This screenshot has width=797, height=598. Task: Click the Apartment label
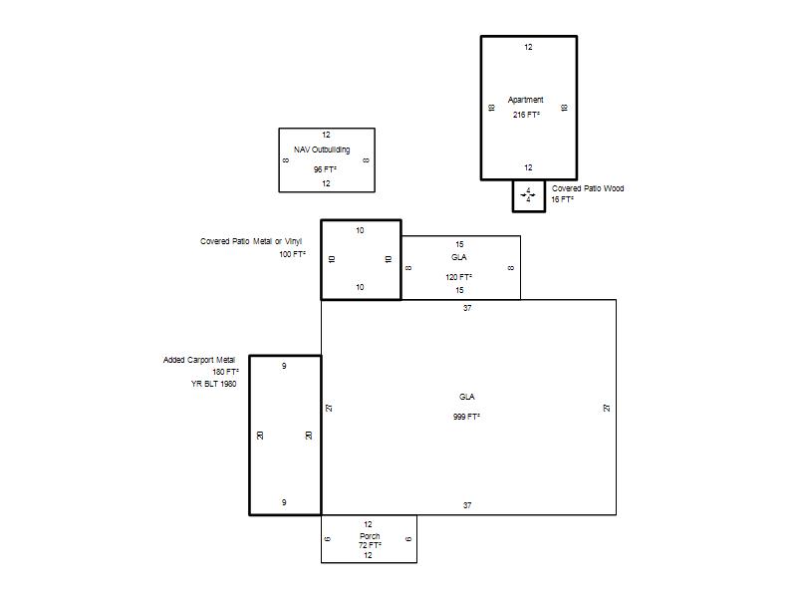pos(526,101)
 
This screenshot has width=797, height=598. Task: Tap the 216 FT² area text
pos(526,115)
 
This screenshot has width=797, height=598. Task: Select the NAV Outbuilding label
pos(322,150)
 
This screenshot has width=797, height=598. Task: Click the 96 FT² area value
pos(325,169)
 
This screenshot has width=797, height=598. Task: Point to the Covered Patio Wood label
pos(588,188)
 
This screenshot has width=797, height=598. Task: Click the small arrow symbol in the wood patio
pos(528,194)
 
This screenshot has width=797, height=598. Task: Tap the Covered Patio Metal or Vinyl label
pos(251,241)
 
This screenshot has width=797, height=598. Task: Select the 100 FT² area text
pos(292,254)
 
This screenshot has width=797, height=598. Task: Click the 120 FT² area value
pos(458,277)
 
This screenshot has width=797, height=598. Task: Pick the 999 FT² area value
pos(466,417)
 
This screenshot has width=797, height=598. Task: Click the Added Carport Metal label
pos(198,360)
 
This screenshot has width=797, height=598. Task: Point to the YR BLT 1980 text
pos(213,384)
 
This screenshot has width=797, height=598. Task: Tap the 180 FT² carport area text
pos(225,372)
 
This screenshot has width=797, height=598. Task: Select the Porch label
pos(370,536)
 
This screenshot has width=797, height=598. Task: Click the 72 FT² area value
pos(370,545)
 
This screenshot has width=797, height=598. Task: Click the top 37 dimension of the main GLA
pos(467,308)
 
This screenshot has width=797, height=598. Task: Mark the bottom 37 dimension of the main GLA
pos(467,505)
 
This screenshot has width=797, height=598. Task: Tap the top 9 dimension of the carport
pos(284,366)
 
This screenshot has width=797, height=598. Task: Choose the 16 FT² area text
pos(562,200)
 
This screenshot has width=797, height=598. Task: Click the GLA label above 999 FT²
pos(466,397)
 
